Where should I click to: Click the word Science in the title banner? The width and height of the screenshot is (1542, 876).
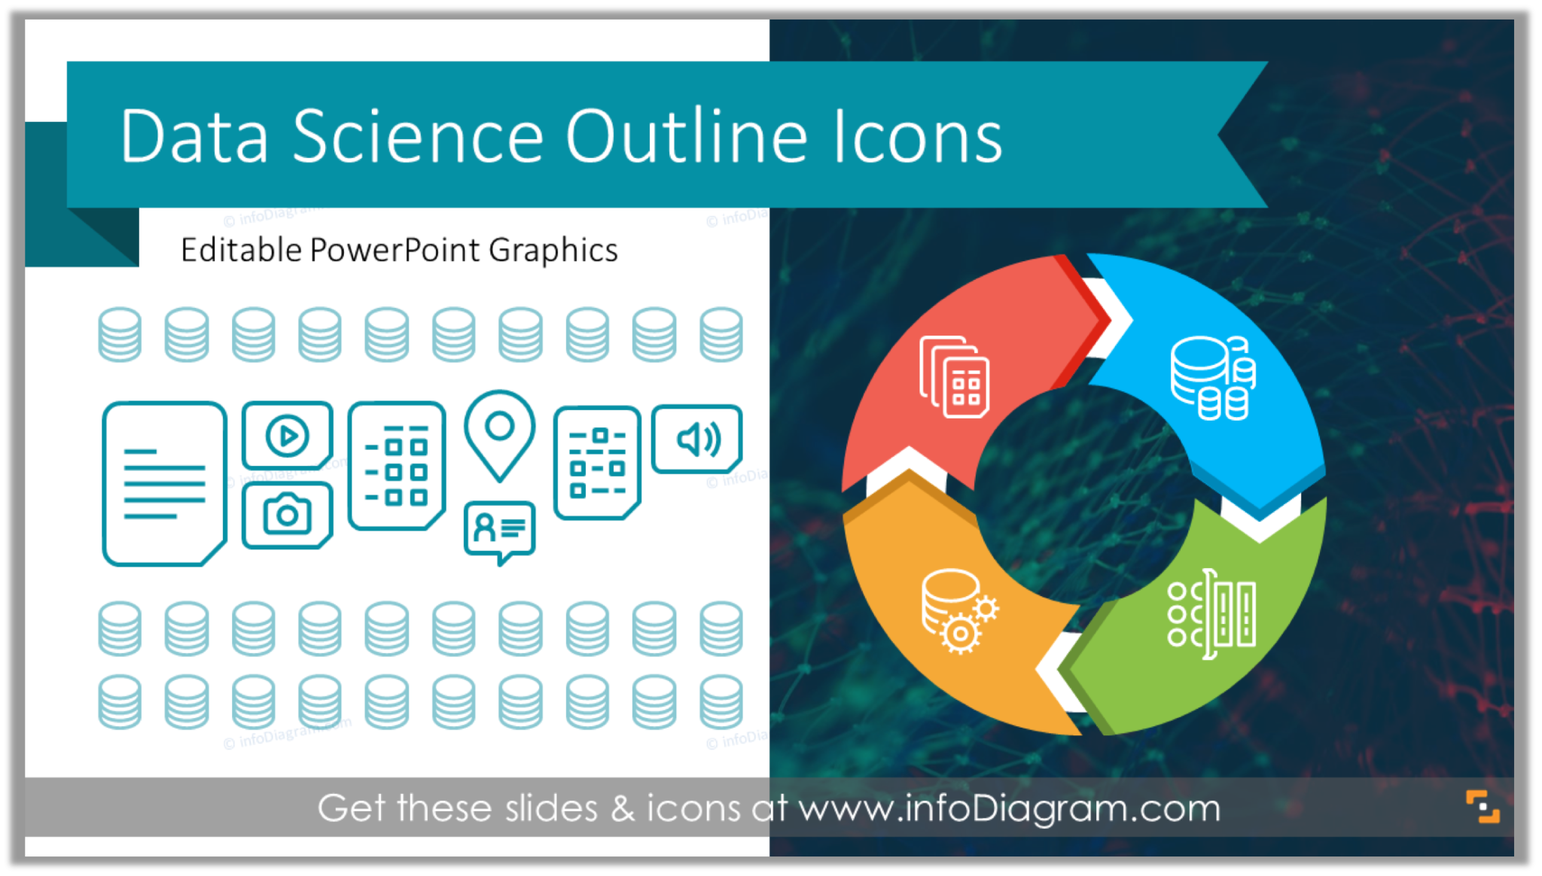[417, 137]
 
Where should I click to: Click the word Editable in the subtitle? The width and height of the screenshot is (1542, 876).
[241, 250]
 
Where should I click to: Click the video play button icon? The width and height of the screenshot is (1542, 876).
[287, 435]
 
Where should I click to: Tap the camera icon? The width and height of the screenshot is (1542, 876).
[287, 515]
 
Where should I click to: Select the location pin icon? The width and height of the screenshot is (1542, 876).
[499, 433]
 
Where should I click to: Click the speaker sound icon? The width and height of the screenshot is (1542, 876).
[697, 440]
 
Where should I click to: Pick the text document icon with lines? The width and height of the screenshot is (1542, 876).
[164, 483]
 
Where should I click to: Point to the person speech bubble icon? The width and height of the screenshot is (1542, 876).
[499, 529]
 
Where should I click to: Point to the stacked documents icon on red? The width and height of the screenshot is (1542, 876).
[955, 376]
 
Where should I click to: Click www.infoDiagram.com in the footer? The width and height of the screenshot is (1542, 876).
[1009, 808]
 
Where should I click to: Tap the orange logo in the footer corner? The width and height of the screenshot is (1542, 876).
[1482, 807]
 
